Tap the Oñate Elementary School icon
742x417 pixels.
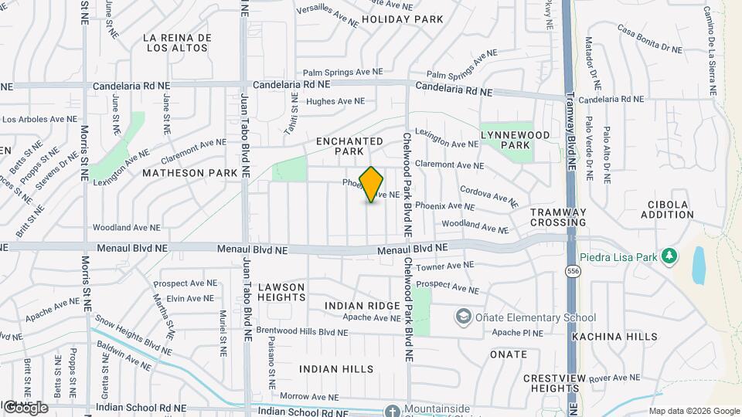pos(463,317)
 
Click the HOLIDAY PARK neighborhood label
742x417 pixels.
pos(402,19)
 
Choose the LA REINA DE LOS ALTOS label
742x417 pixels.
pos(177,42)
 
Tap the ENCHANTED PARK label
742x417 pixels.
pos(349,147)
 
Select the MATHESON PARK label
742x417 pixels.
pos(190,174)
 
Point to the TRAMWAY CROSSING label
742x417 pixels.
pos(558,217)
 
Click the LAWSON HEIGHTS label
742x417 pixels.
pos(281,292)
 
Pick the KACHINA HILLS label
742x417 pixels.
pos(614,337)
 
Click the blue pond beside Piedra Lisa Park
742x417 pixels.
pos(699,265)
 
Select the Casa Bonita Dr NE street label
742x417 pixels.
pos(649,39)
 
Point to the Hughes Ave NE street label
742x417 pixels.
pos(335,101)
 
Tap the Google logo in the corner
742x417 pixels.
pos(25,407)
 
